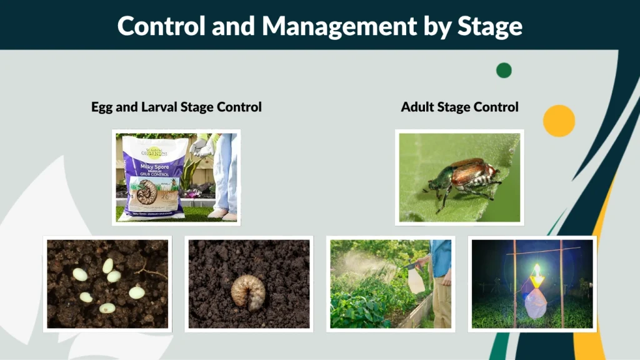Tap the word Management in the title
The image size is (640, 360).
pos(338,26)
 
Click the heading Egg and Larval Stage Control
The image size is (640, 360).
pos(176,107)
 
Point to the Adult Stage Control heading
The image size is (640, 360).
pos(459,107)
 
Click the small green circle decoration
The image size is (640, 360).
pos(504,70)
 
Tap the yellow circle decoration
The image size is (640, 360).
pos(559,121)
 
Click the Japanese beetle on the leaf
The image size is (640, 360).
pos(467,178)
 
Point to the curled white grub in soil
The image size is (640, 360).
pos(248,291)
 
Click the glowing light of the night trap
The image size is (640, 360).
pos(536,273)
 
